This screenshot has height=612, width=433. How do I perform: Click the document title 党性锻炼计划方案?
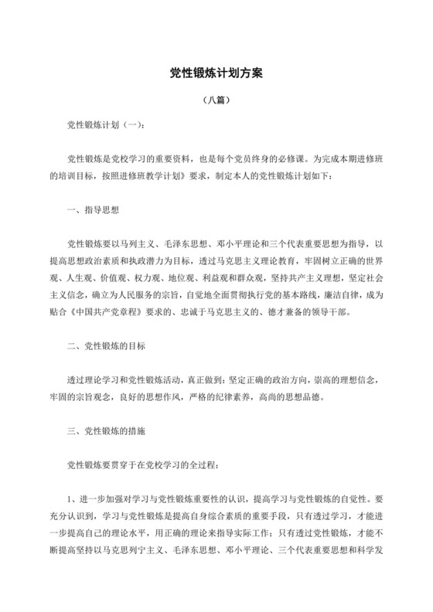[x=216, y=74]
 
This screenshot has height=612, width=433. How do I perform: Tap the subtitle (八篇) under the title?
[x=216, y=100]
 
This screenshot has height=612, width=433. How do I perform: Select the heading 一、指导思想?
[x=93, y=209]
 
